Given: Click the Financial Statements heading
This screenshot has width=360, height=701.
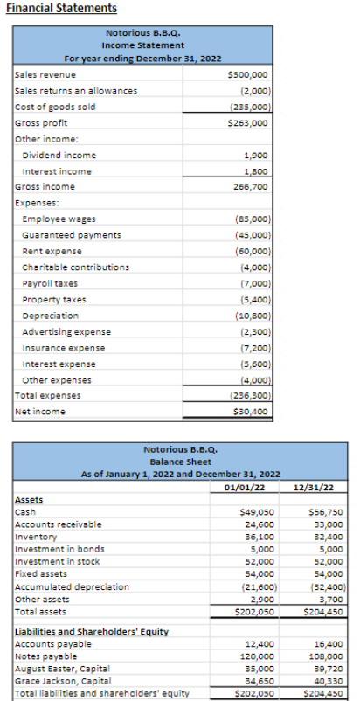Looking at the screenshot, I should [61, 8].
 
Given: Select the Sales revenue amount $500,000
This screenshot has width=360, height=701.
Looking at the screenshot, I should [251, 75].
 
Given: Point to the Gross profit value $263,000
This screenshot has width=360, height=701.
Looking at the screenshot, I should [251, 123].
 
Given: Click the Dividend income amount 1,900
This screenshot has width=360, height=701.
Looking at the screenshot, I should [253, 155].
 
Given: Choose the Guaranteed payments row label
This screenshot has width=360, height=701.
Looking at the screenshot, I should [72, 234].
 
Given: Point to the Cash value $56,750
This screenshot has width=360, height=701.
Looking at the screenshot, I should [326, 512].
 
